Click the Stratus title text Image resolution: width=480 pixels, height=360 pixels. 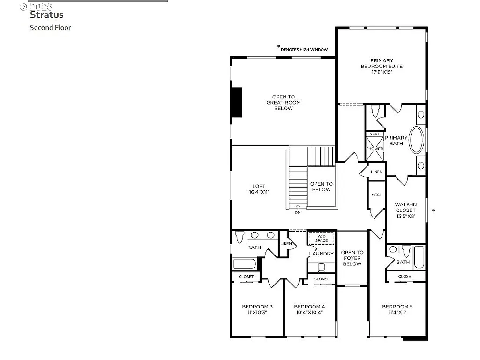46,15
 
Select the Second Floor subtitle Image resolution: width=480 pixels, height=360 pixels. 51,27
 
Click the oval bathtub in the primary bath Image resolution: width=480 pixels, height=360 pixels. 416,140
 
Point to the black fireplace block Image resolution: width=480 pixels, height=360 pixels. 237,102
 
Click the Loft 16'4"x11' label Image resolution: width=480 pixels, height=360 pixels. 259,188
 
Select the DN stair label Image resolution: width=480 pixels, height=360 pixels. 298,212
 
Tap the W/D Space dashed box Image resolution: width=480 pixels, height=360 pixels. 322,238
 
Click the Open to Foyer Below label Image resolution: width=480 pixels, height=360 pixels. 352,258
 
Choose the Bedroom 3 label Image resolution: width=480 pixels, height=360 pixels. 255,309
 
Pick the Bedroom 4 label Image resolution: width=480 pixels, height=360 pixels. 309,309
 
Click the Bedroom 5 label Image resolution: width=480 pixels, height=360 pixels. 397,309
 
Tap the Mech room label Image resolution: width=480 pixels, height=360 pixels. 376,195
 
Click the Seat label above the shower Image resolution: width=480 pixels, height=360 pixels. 375,134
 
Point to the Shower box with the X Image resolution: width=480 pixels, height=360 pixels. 375,149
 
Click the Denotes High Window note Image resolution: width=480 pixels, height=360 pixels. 303,49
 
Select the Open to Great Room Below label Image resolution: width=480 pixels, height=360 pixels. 283,103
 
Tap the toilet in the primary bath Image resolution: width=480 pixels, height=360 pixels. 375,112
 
